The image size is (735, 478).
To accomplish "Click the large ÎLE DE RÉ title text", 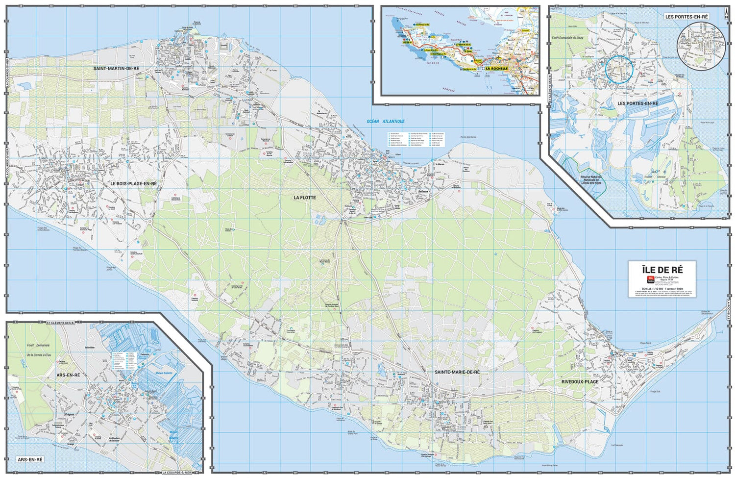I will tap(662, 269).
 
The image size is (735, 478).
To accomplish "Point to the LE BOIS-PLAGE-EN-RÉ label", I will tap(133, 183).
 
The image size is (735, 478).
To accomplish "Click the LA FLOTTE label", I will tap(305, 198).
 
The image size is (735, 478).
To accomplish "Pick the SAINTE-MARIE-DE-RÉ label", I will tap(457, 372).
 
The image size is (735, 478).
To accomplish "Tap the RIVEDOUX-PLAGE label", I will tap(580, 381).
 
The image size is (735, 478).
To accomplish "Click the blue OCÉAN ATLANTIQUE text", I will tap(386, 122).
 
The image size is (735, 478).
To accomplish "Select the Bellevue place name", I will tap(423, 192).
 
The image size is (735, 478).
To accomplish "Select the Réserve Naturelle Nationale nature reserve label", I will tap(590, 180).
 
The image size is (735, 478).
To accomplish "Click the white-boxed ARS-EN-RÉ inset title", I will tap(30, 459).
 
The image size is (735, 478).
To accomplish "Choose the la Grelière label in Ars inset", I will tap(90, 348).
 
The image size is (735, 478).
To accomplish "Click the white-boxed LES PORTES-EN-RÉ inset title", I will tap(686, 17).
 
